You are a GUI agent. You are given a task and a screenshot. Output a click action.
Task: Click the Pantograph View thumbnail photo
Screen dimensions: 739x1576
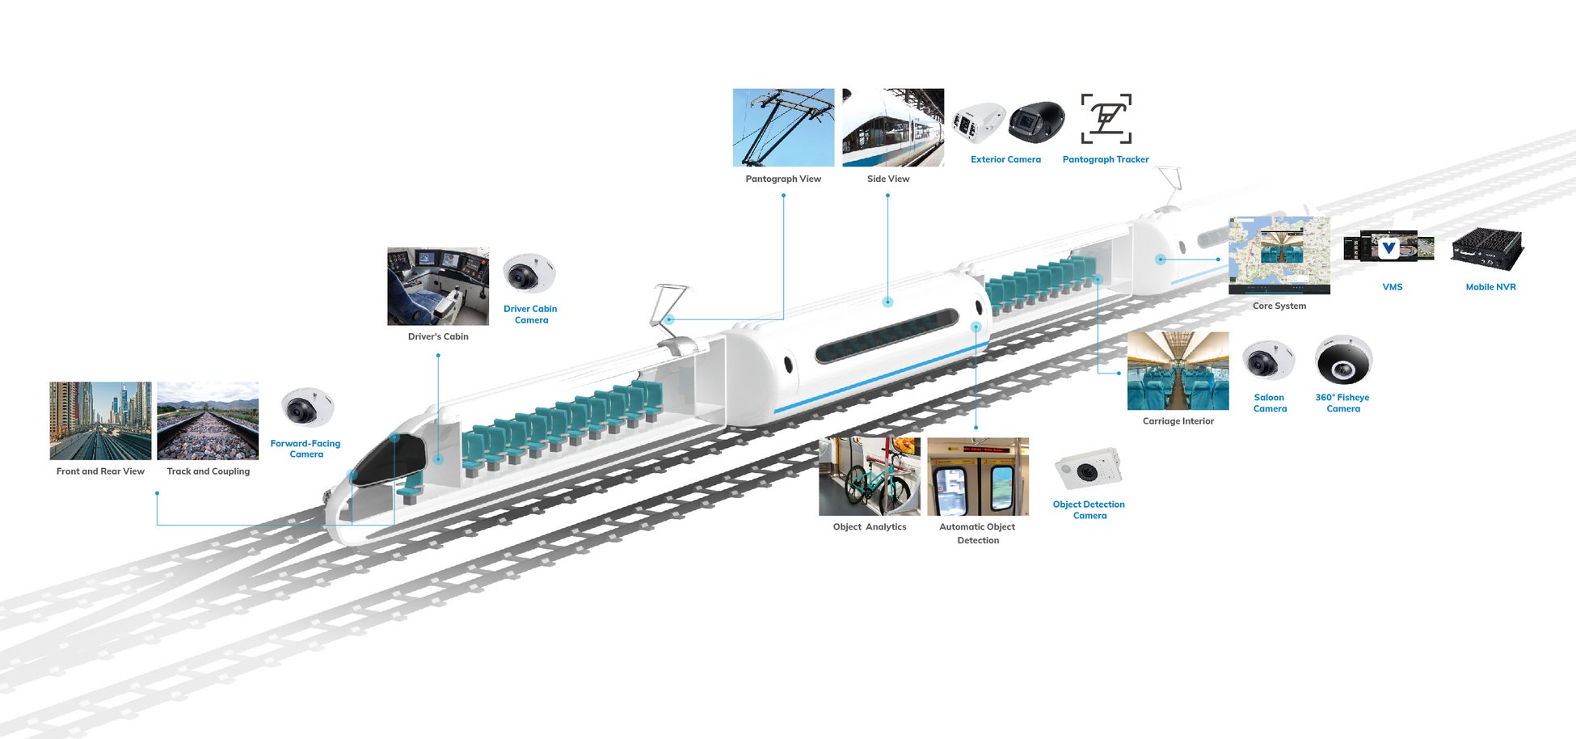point(783,127)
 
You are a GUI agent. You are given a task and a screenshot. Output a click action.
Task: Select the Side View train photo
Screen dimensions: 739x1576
point(892,127)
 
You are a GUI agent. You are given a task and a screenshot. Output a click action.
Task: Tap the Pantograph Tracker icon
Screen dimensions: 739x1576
point(1106,118)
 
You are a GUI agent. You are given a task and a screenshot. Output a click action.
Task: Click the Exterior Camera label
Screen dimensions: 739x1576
point(1005,159)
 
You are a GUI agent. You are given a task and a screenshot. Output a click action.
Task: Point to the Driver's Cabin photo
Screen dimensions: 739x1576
point(438,286)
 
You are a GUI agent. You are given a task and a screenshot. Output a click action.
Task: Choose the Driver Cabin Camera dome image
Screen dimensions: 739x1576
point(529,273)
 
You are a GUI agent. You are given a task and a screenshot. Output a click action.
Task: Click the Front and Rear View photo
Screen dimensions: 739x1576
point(100,420)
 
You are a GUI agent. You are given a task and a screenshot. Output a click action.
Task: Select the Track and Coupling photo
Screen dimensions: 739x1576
point(208,420)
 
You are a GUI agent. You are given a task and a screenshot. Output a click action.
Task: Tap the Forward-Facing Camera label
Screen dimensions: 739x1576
point(306,449)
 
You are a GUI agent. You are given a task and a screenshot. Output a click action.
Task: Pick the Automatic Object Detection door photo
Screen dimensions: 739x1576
point(977,477)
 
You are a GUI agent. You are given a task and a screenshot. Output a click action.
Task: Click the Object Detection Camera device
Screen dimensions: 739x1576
point(1089,468)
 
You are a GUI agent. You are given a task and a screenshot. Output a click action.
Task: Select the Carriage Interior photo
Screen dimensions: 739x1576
point(1178,370)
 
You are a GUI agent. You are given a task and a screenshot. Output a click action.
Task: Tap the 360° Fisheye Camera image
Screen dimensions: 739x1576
point(1342,360)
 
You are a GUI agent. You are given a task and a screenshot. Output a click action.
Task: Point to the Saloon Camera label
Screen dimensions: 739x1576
point(1269,403)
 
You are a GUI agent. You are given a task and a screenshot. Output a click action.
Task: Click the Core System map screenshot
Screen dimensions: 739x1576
point(1279,255)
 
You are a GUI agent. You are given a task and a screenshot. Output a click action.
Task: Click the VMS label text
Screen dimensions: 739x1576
point(1392,287)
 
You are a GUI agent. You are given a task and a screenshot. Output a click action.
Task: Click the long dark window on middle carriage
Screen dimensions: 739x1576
point(887,336)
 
